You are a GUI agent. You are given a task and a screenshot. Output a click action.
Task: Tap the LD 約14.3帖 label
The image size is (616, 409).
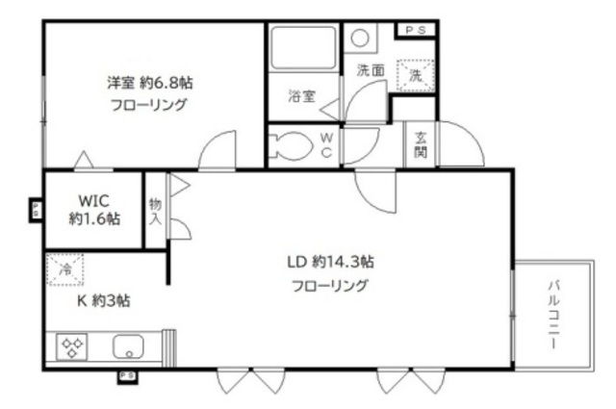[x=329, y=262]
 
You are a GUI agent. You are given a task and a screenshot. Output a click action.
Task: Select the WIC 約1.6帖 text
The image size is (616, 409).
[x=94, y=210]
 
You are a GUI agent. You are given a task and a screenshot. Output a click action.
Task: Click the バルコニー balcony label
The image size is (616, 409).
[x=555, y=316]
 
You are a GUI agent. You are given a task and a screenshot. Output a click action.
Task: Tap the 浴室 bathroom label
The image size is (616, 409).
[x=300, y=96]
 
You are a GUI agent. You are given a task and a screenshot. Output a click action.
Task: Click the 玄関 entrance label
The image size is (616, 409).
[x=421, y=145]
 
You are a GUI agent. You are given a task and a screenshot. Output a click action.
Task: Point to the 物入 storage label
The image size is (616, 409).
[x=156, y=213]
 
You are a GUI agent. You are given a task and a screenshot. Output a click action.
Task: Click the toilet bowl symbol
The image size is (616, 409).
[x=291, y=146]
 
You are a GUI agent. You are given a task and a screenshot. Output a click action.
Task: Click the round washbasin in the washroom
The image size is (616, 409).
[x=360, y=39]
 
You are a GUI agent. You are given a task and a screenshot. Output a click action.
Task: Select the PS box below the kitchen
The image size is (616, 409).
[x=126, y=376]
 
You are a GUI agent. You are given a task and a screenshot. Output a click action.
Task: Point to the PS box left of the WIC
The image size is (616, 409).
[x=37, y=209]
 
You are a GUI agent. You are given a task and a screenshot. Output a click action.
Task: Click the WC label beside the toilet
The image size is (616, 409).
[x=326, y=146]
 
